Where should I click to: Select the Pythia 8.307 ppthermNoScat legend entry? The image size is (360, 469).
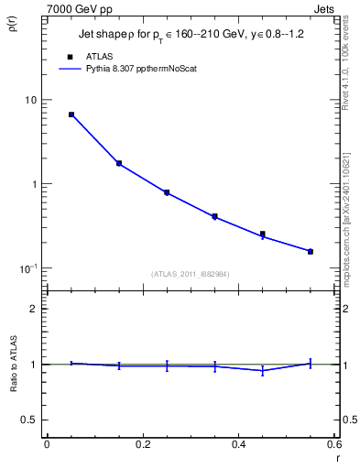click(x=137, y=68)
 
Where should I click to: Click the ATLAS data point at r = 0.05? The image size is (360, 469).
click(x=71, y=115)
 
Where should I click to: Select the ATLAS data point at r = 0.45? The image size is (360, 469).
click(x=263, y=234)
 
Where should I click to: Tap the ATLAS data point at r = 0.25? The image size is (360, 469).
click(x=167, y=192)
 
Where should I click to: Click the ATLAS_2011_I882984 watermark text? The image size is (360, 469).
click(x=191, y=274)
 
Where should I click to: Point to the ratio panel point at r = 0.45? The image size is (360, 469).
click(x=263, y=370)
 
